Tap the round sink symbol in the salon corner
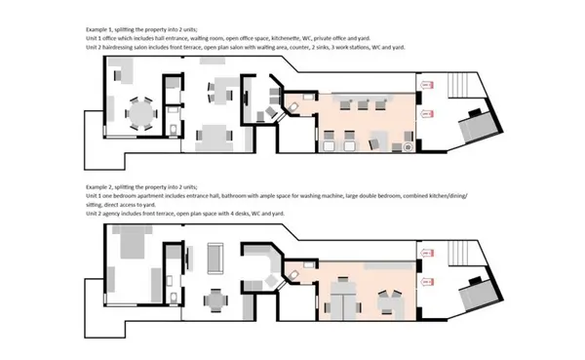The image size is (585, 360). click(408, 148)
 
